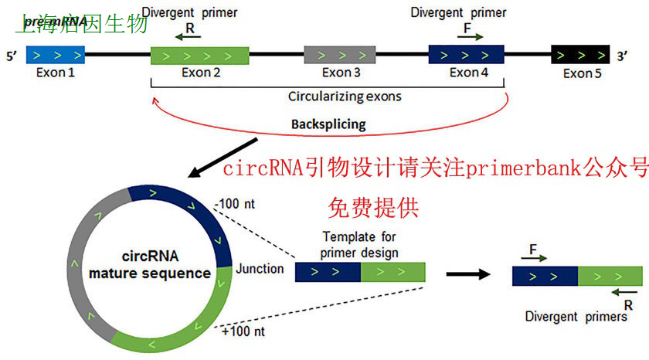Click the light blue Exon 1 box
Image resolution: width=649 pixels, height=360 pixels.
click(55, 56)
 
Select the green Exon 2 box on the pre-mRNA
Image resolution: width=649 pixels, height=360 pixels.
click(199, 56)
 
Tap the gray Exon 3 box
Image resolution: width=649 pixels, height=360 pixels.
click(340, 56)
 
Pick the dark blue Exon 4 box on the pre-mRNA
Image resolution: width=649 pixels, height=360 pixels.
click(467, 55)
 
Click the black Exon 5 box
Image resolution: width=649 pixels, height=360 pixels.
click(578, 56)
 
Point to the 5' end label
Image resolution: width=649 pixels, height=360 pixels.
click(12, 56)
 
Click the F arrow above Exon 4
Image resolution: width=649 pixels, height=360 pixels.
click(470, 35)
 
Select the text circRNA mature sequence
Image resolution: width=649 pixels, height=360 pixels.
click(150, 265)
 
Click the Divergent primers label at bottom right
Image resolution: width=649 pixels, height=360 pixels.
click(576, 317)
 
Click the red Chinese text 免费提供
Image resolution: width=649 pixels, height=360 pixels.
click(372, 206)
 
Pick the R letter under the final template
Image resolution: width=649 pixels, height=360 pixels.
click(627, 306)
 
